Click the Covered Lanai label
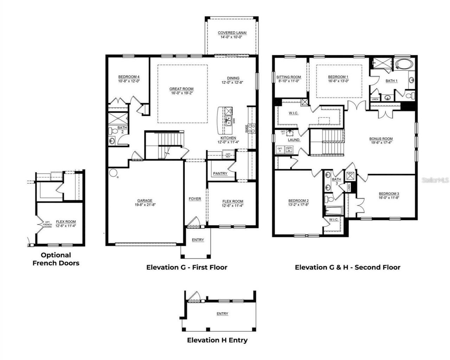[232, 33]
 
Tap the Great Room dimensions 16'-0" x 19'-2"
[181, 94]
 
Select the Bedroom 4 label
[129, 77]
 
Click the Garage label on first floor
[144, 201]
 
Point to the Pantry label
[220, 173]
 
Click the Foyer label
[195, 199]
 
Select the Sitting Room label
[288, 77]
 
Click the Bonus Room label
[381, 139]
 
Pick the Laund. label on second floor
[294, 140]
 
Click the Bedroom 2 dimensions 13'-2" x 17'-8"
[298, 204]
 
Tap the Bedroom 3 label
[389, 194]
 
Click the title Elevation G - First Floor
[187, 267]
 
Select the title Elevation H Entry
[217, 340]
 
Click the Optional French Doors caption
[56, 259]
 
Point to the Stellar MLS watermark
[435, 180]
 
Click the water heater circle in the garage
[113, 173]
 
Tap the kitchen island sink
[229, 121]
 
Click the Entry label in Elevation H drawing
[222, 314]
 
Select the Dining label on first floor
[233, 78]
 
